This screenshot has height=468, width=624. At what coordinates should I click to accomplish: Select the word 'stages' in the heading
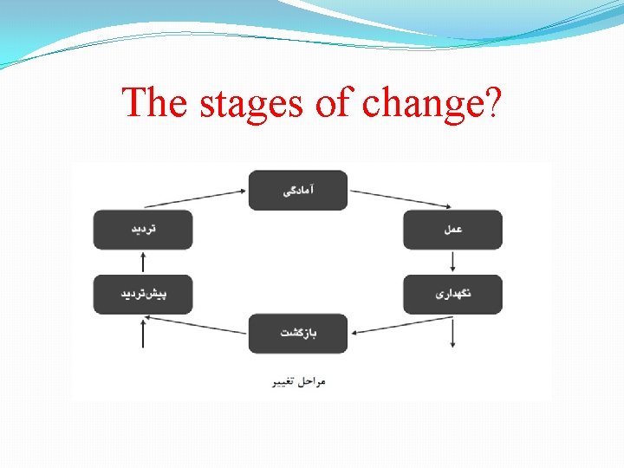pos(250,104)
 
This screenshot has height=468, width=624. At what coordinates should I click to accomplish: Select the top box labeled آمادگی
pos(298,190)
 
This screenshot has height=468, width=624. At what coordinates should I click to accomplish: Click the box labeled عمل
pos(452,230)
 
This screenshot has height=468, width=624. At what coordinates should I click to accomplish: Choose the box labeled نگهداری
pos(452,295)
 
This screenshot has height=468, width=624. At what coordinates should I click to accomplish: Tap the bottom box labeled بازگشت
pos(298,334)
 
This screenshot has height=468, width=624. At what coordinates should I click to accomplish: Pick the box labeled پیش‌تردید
pos(143,295)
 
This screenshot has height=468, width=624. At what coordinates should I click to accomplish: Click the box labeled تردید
pos(143,230)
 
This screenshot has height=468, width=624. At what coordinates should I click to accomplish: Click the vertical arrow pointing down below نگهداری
pos(452,333)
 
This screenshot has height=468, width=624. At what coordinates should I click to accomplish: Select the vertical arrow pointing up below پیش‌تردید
pos(143,333)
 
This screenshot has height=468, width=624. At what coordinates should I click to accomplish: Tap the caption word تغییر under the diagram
pos(283,381)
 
